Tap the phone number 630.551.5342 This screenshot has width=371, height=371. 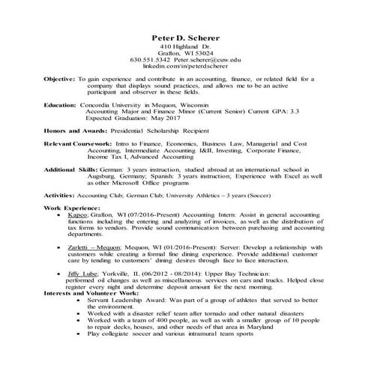click(151, 58)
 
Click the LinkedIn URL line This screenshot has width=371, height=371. click(185, 66)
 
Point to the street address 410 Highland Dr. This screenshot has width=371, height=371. click(185, 46)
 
